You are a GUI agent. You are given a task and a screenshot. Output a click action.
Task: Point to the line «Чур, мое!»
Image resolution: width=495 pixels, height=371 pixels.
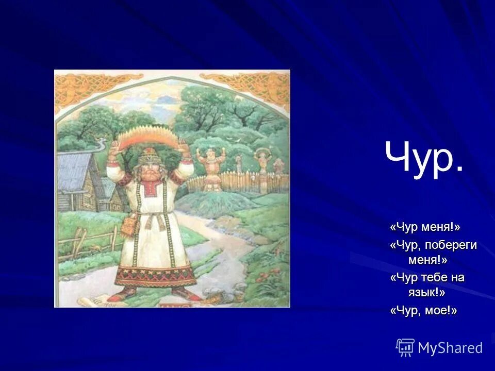pos(424,311)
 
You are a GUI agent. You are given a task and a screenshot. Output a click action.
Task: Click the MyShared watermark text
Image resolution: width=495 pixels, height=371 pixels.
pos(450,348)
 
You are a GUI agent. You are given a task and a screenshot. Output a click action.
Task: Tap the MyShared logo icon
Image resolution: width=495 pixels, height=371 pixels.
pos(405,347)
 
